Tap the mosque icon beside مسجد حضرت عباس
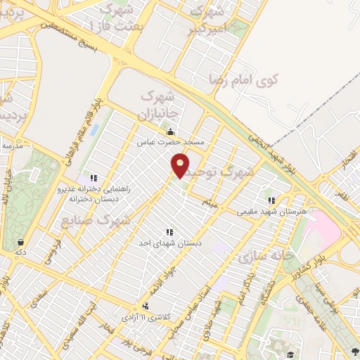(169, 131)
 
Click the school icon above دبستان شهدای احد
(169, 231)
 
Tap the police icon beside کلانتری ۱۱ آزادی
(146, 307)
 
